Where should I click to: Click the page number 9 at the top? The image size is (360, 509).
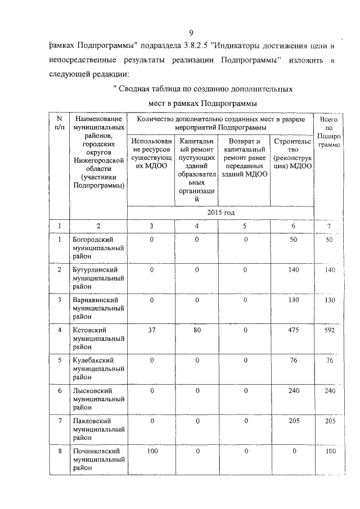click(191, 33)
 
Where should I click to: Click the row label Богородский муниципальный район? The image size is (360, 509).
click(98, 248)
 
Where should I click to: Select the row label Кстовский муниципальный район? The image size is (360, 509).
click(98, 339)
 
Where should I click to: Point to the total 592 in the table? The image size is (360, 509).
click(330, 330)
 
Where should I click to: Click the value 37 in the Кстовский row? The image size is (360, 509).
click(151, 330)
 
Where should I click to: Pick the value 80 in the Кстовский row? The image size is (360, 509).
click(197, 330)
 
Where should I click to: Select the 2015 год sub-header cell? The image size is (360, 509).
click(220, 213)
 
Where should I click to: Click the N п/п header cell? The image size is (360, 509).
click(58, 124)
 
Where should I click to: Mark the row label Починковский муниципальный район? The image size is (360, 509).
click(98, 460)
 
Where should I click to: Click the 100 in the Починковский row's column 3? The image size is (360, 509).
click(151, 451)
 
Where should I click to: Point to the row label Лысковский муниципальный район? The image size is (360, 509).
click(98, 399)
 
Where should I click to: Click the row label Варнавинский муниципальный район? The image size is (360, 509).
click(98, 309)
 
